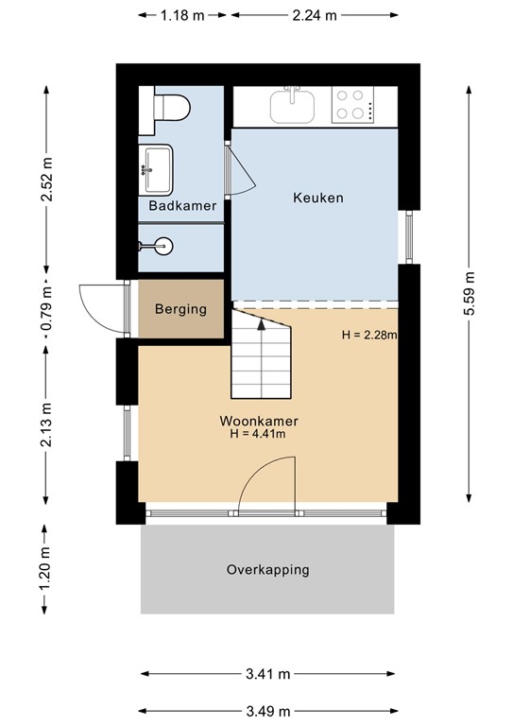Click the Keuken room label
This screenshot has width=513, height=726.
point(317,199)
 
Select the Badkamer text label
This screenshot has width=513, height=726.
point(181,205)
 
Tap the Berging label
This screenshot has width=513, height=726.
point(180,309)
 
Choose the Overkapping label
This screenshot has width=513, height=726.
point(267,570)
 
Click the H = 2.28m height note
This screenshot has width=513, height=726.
point(369,335)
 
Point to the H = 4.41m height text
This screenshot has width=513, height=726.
point(258,435)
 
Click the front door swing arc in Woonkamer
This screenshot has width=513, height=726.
point(269,482)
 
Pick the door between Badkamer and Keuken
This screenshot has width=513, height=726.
point(239,171)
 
